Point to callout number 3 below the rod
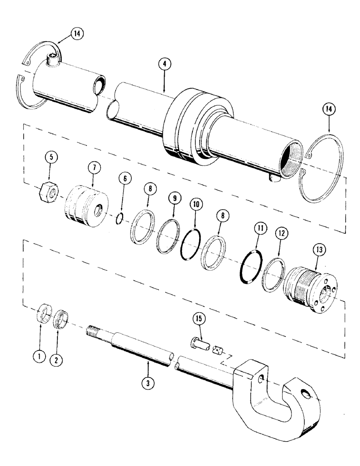tap(148, 385)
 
